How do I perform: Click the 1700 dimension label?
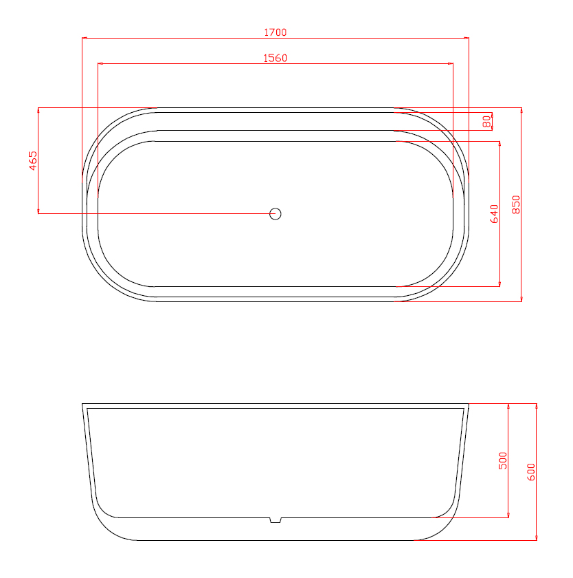(x=276, y=32)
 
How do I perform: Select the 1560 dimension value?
(x=276, y=58)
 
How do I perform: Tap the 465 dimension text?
(x=33, y=161)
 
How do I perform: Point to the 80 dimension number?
(x=487, y=121)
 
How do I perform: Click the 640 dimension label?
(x=494, y=214)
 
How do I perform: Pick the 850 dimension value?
(x=516, y=204)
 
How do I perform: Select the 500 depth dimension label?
(x=503, y=461)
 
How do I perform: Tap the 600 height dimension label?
(x=531, y=472)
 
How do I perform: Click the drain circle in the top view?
(x=276, y=214)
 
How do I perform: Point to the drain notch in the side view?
(x=276, y=520)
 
